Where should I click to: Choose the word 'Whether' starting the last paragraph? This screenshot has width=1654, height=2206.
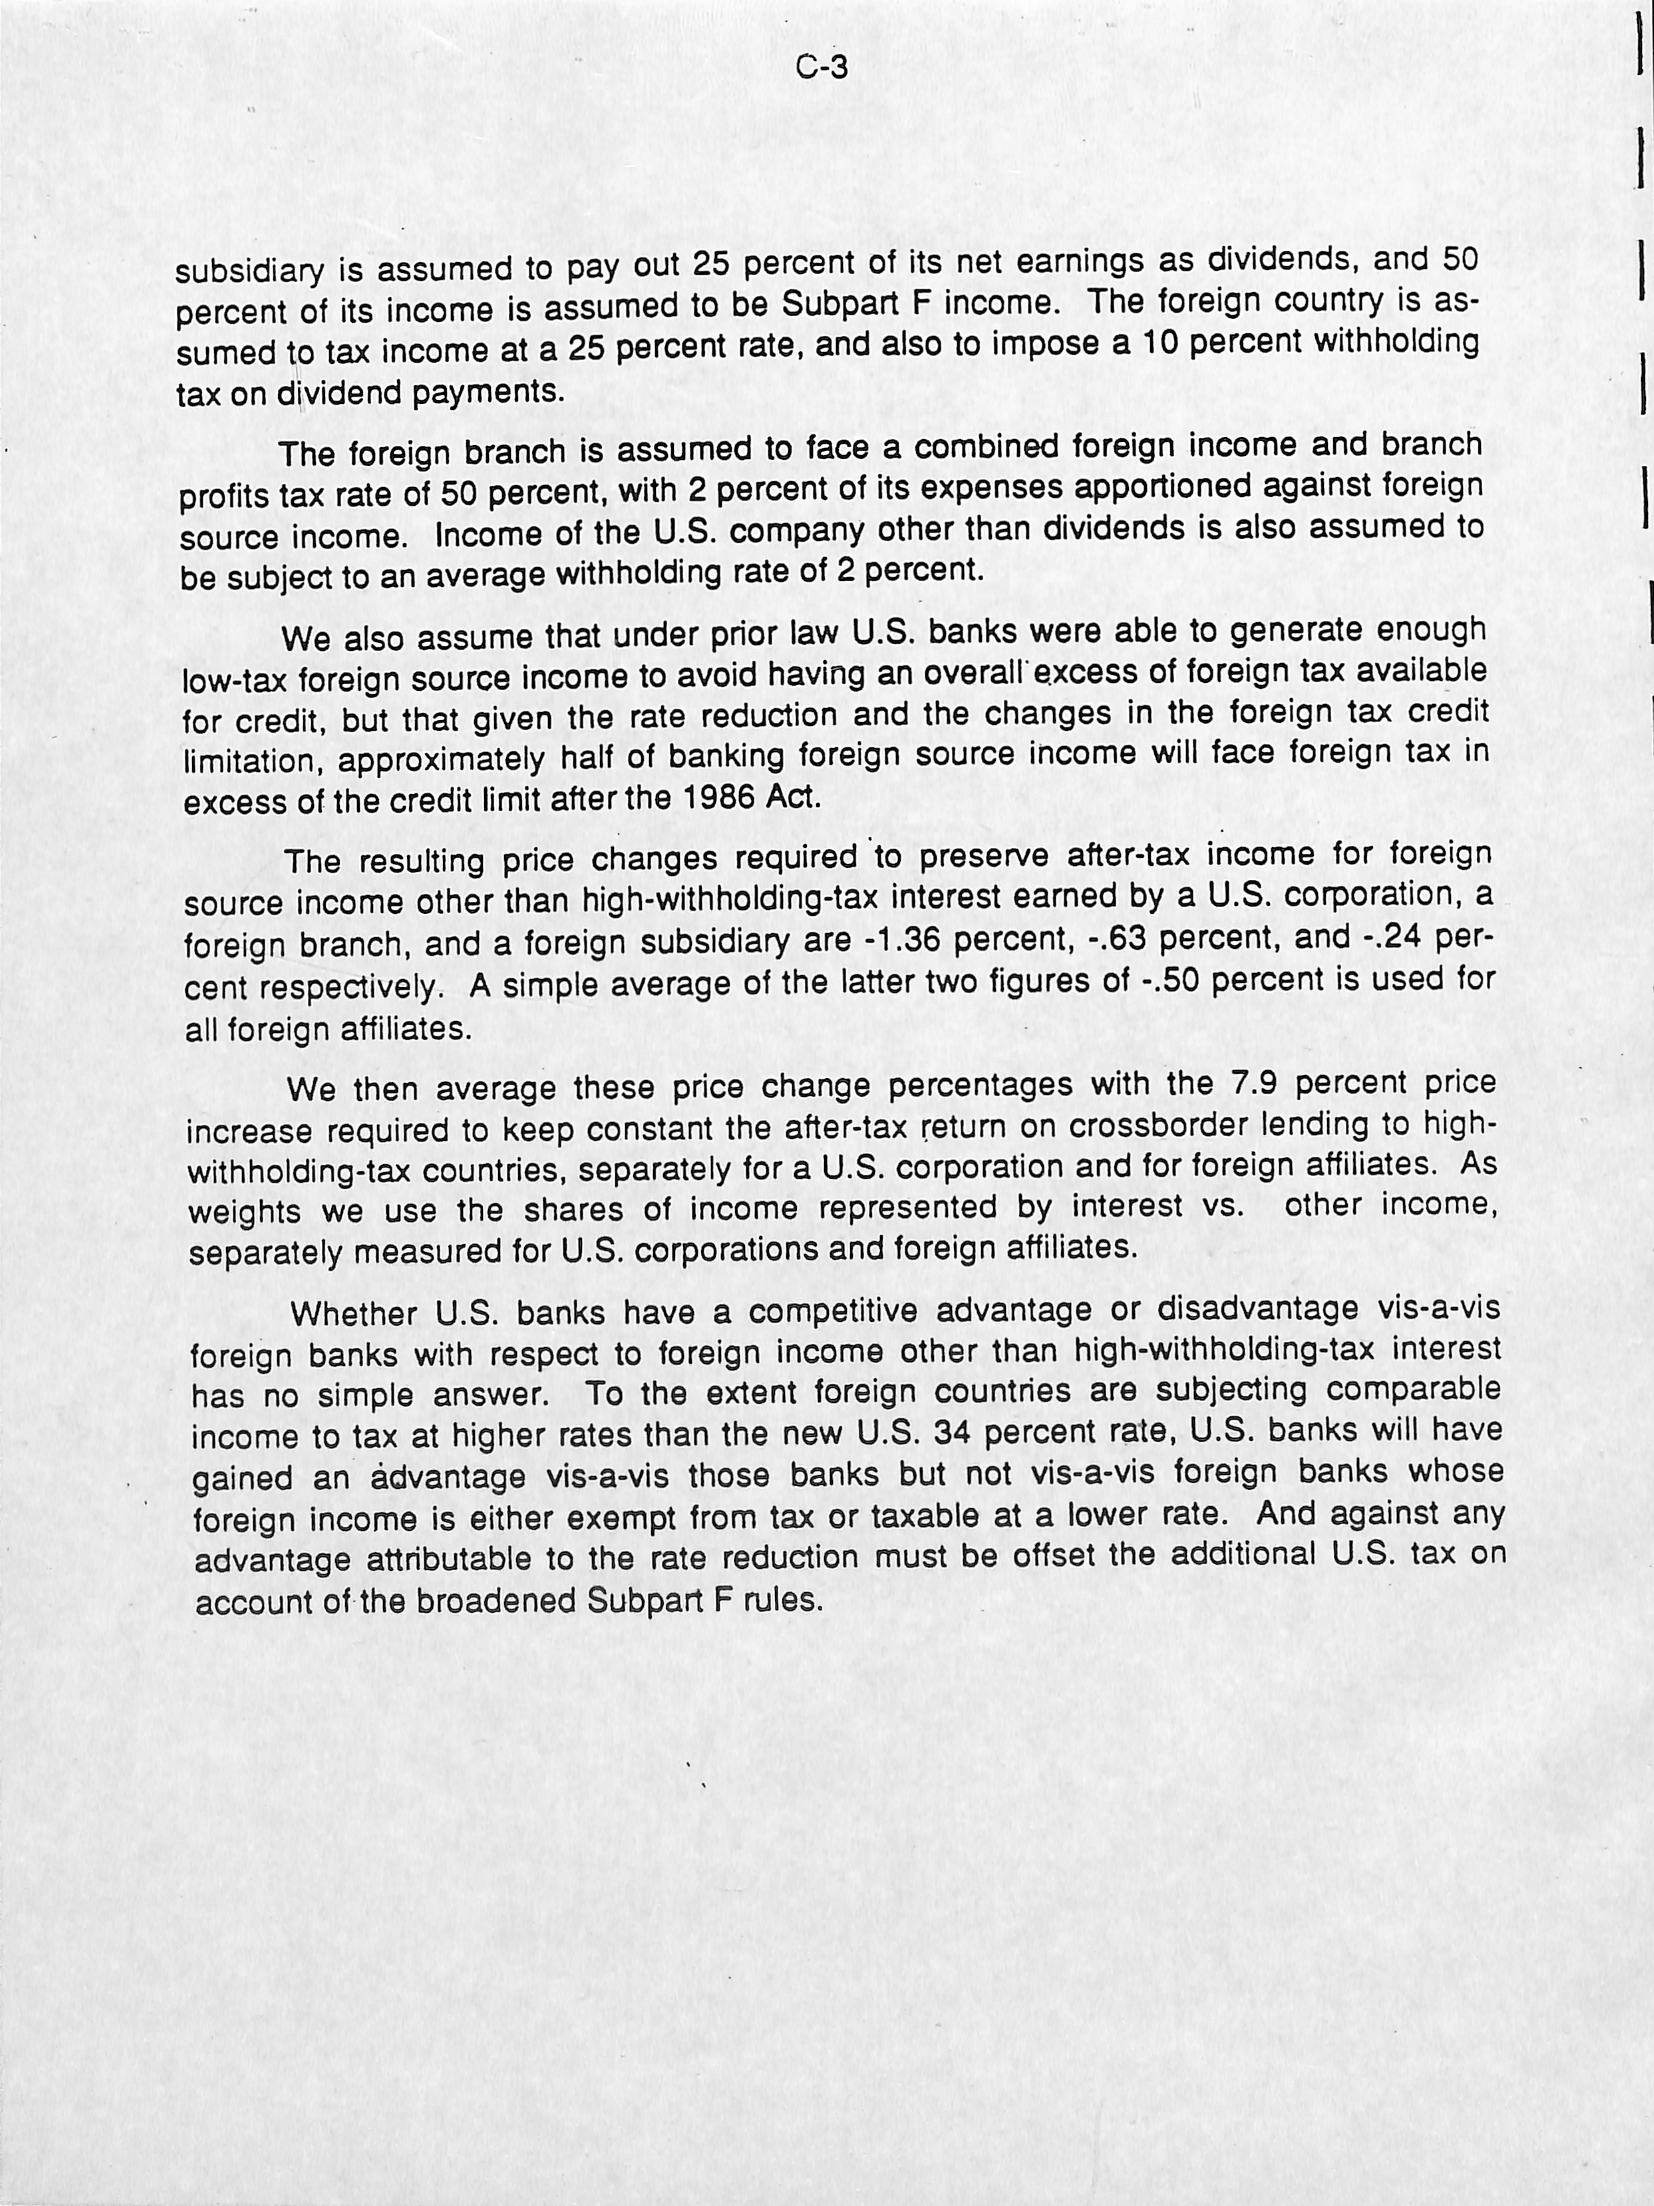[x=353, y=1314]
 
